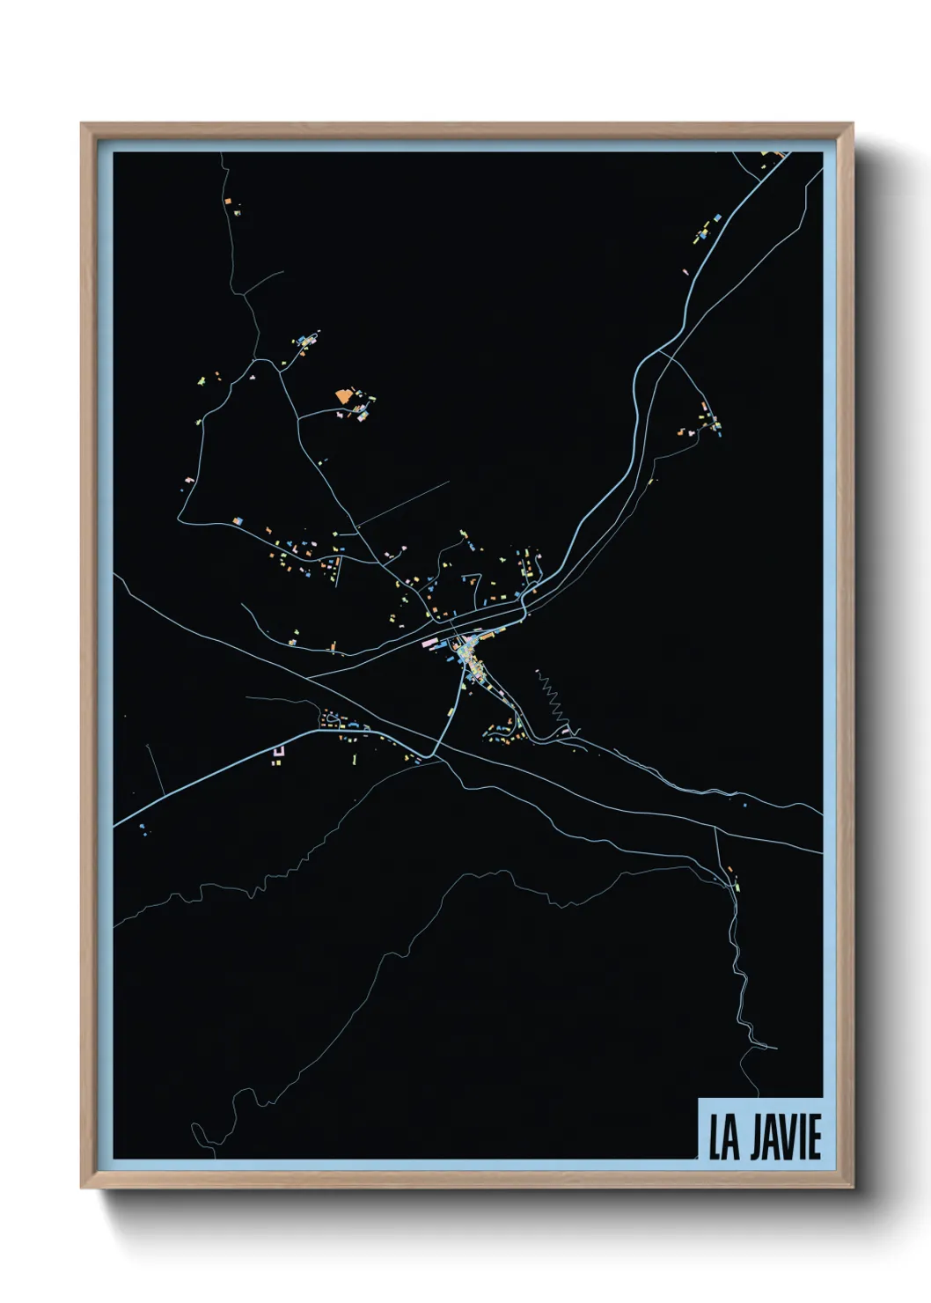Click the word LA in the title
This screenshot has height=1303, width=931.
pyautogui.click(x=724, y=1137)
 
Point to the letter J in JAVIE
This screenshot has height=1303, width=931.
pyautogui.click(x=757, y=1137)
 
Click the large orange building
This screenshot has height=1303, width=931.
pyautogui.click(x=343, y=397)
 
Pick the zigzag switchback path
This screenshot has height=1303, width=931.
pyautogui.click(x=551, y=696)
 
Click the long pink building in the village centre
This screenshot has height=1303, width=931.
pyautogui.click(x=430, y=644)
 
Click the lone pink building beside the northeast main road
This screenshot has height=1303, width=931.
pyautogui.click(x=685, y=272)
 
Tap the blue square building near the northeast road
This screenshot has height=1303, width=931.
pyautogui.click(x=717, y=216)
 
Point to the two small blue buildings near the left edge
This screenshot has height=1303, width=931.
pyautogui.click(x=142, y=827)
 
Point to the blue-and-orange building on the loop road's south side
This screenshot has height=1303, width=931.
pyautogui.click(x=237, y=522)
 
